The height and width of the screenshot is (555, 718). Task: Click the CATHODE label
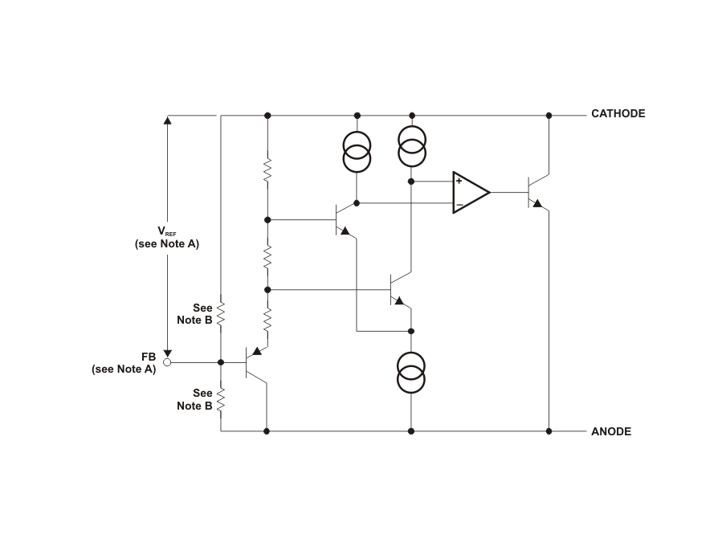[618, 113]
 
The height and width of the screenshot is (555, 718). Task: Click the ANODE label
[611, 431]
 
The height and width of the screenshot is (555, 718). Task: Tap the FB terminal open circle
[167, 362]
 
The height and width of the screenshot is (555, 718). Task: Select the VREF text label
[167, 231]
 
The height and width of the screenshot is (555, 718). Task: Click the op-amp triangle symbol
[471, 192]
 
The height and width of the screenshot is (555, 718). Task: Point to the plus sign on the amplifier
[459, 181]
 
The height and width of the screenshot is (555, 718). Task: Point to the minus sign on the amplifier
[459, 204]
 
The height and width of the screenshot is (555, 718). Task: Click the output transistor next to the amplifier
[538, 192]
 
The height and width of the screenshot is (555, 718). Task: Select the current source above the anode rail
[410, 373]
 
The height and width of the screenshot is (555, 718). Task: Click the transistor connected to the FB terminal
[255, 363]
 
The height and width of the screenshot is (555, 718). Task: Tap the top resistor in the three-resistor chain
[267, 170]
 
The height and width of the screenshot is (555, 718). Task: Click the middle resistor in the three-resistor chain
[267, 257]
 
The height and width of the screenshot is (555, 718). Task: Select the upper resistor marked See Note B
[221, 314]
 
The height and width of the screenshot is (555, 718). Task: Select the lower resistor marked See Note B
[221, 399]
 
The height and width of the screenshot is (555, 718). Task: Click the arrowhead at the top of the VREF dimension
[168, 120]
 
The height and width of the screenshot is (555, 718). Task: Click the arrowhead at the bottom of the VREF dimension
[168, 353]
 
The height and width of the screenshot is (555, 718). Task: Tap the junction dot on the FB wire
[221, 362]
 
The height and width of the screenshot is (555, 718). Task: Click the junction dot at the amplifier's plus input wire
[411, 182]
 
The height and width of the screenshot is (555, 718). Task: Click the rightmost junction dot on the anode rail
[549, 431]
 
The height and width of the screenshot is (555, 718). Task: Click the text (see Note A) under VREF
[167, 243]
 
